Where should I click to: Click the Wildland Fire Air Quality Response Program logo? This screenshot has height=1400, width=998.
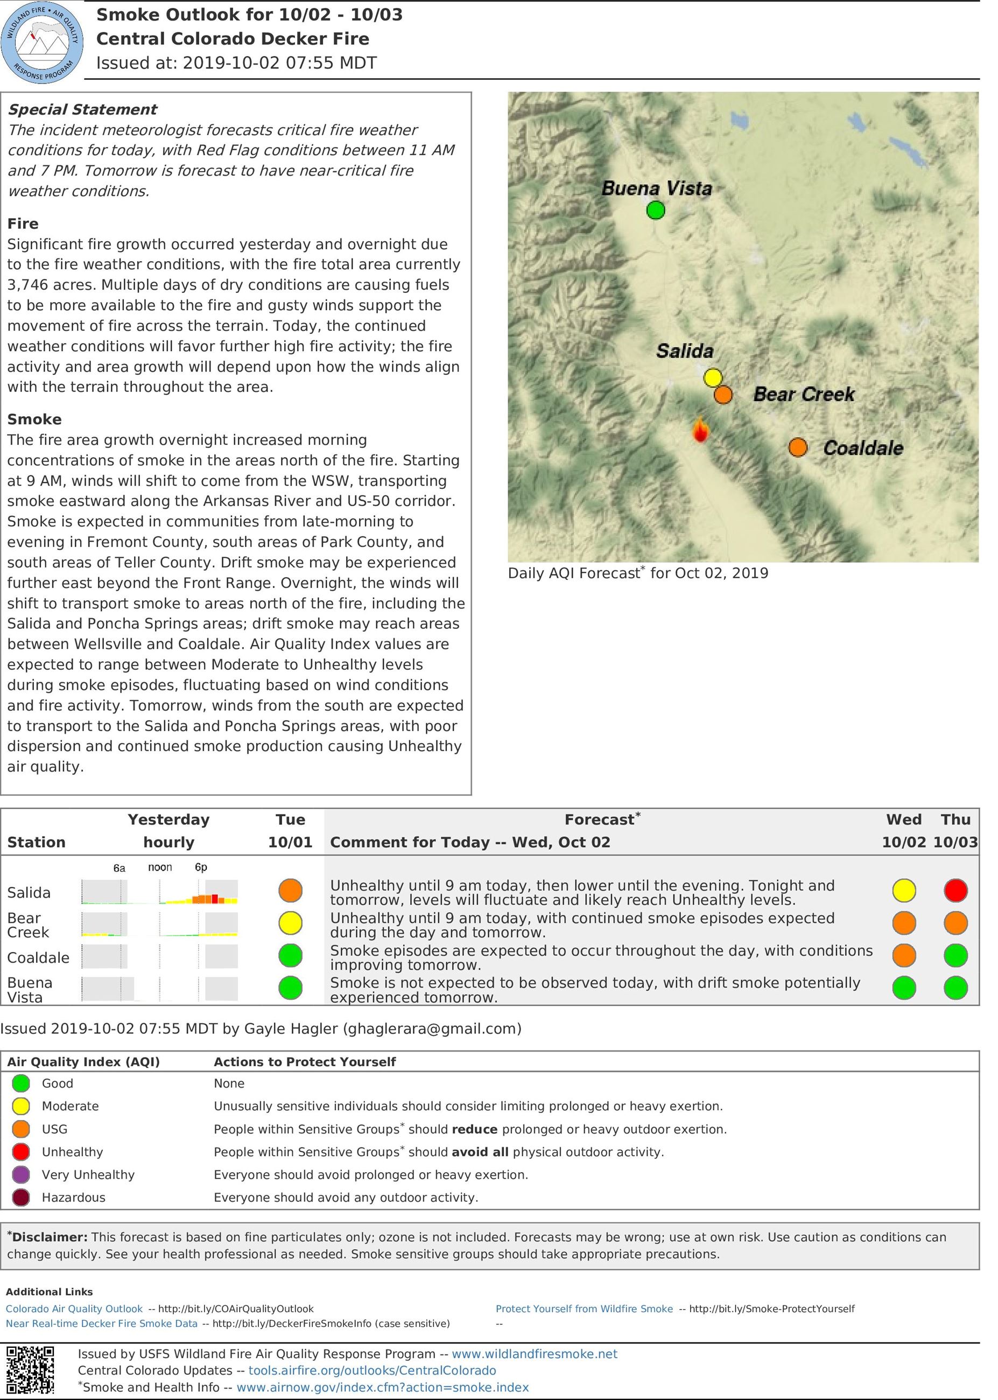tap(42, 42)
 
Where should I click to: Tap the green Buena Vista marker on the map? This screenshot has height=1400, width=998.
tap(656, 211)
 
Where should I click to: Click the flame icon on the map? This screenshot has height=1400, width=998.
tap(699, 430)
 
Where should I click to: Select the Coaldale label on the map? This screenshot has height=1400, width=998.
tap(862, 448)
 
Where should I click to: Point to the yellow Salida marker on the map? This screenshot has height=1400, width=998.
tap(713, 377)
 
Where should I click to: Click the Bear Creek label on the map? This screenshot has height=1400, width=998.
tap(804, 395)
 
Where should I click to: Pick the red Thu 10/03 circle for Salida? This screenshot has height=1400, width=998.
tap(955, 891)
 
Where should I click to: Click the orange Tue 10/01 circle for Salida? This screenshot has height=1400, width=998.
tap(290, 890)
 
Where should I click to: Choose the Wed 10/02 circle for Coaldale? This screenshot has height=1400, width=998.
tap(904, 956)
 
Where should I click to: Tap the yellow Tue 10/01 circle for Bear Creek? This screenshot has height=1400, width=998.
tap(290, 922)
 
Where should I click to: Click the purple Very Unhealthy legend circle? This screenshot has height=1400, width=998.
tap(21, 1174)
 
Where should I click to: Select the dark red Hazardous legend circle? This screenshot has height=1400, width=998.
tap(21, 1197)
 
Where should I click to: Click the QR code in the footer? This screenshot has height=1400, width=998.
tap(30, 1369)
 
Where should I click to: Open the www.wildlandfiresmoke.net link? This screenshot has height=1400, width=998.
tap(534, 1353)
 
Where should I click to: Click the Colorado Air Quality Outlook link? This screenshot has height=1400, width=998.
tap(74, 1308)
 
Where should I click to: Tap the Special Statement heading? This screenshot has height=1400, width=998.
tap(82, 109)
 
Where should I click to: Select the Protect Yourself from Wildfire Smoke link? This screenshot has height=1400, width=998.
tap(584, 1308)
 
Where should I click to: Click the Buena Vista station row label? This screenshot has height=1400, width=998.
tap(30, 990)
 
